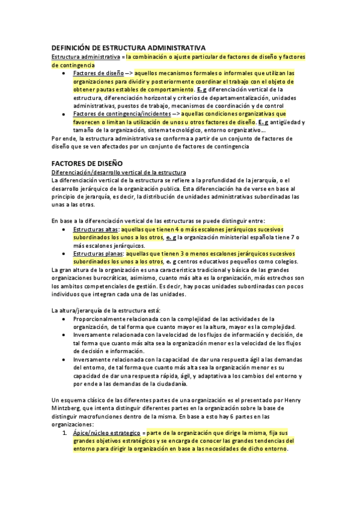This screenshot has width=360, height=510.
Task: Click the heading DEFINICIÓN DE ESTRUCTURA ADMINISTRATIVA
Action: pyautogui.click(x=129, y=48)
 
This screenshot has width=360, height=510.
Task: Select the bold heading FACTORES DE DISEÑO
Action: pyautogui.click(x=87, y=163)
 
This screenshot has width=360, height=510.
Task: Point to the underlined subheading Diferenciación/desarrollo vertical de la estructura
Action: pyautogui.click(x=119, y=173)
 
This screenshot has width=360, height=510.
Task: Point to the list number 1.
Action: pyautogui.click(x=66, y=433)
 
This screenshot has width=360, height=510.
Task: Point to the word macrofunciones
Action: pyautogui.click(x=103, y=416)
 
